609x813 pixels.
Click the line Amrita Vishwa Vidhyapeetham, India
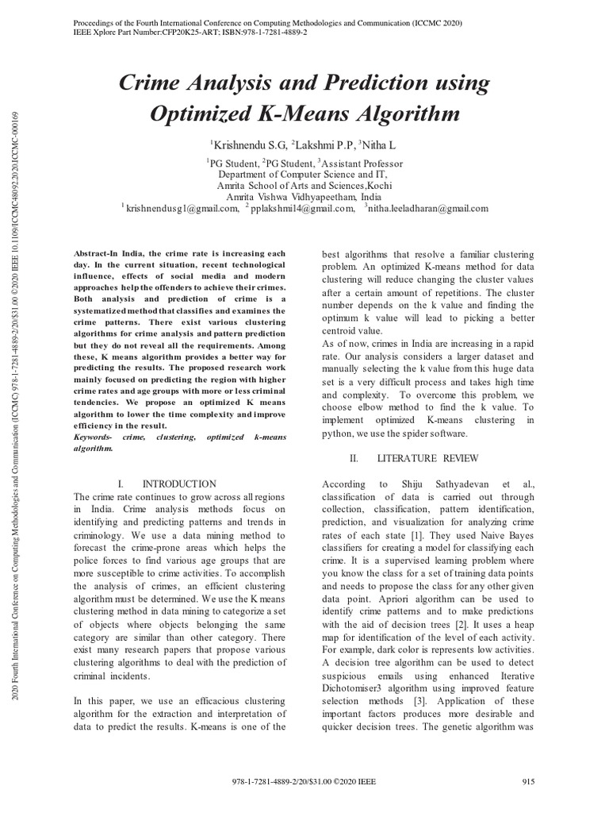point(304,195)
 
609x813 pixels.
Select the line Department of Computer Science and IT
point(304,174)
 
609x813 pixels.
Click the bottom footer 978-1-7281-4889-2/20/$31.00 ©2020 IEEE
point(304,782)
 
